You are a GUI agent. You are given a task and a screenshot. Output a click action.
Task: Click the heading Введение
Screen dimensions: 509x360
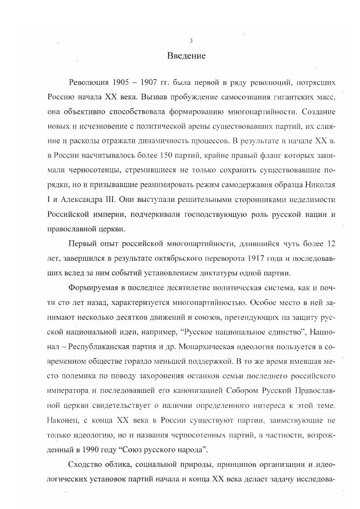coord(187,56)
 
